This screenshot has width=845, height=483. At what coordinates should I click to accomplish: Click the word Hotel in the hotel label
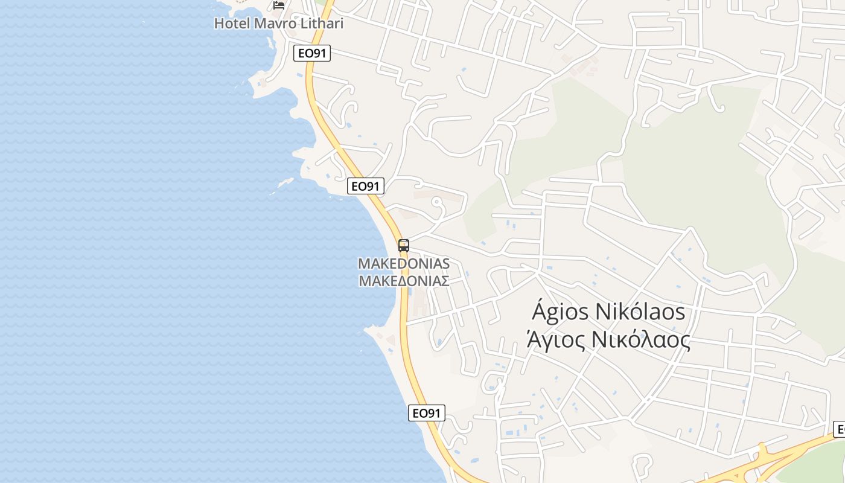pos(232,24)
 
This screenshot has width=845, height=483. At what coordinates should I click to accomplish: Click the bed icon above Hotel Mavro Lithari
pos(278,5)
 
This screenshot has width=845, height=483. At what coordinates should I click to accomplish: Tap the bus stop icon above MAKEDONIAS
pos(404,246)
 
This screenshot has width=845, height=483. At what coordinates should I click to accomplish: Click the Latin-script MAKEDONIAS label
pos(404,264)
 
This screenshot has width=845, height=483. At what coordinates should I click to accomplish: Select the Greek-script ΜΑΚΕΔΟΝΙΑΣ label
pos(404,281)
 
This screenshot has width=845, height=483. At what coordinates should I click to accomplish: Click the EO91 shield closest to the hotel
pos(312,53)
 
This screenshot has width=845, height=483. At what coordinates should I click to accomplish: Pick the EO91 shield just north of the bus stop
pos(366,186)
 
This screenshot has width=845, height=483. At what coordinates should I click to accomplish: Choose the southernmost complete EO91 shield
pos(427,413)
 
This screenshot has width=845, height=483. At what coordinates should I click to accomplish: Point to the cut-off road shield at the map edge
pos(839,429)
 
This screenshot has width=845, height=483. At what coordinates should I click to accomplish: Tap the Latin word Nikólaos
pos(640,312)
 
